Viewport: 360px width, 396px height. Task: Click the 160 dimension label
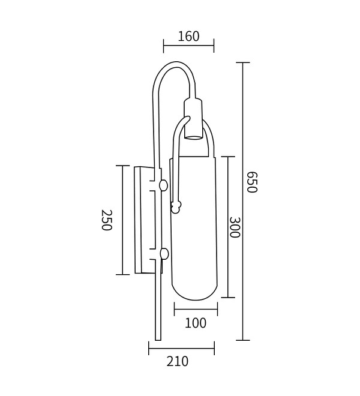click(x=188, y=36)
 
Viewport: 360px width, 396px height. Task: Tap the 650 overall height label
click(x=251, y=182)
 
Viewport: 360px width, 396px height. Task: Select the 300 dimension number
click(x=235, y=227)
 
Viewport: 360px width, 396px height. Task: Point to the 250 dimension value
click(x=106, y=220)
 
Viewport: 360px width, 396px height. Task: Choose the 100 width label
click(x=196, y=323)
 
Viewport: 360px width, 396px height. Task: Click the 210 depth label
click(x=178, y=361)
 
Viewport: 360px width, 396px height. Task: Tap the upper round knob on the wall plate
click(x=163, y=185)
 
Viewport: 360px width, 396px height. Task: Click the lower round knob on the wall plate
click(x=164, y=254)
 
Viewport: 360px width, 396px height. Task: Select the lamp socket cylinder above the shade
click(x=193, y=119)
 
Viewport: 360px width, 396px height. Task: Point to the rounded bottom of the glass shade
click(x=194, y=293)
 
